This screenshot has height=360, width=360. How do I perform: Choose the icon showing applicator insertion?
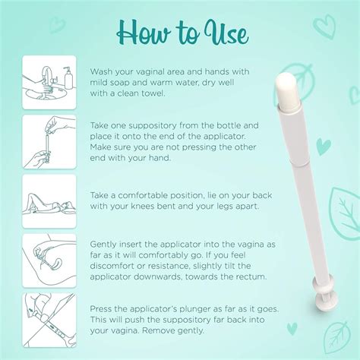tap(49, 261)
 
